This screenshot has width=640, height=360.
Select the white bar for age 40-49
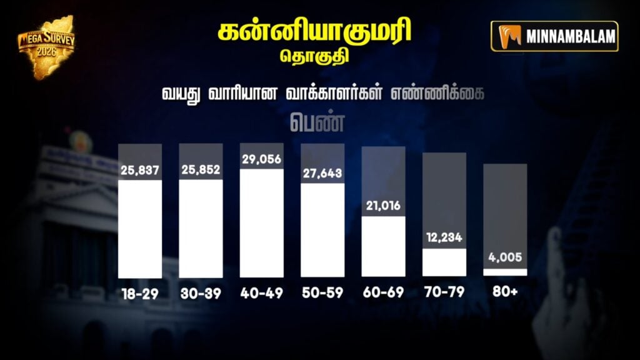point(262,223)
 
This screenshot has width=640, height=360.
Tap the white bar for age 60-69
point(383,246)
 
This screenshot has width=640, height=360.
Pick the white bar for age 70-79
point(444,262)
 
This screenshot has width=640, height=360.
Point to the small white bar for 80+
point(505,272)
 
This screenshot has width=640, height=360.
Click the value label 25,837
point(140,171)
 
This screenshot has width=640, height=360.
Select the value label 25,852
point(201,171)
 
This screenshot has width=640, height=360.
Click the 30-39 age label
point(201,293)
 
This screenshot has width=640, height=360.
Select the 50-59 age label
point(322,293)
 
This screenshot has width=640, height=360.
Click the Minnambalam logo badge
point(554,36)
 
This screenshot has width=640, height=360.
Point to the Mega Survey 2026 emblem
point(46,46)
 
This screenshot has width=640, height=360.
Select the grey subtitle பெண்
point(318,121)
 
